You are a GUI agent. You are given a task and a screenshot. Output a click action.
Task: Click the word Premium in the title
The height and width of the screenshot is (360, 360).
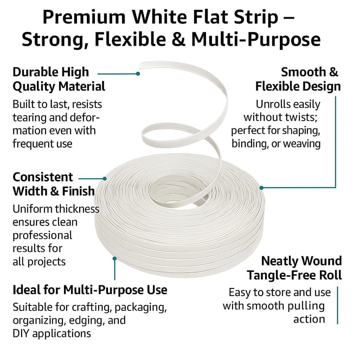[x=84, y=17]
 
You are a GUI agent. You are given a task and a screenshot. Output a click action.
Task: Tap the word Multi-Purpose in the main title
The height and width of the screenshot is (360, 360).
[x=256, y=40]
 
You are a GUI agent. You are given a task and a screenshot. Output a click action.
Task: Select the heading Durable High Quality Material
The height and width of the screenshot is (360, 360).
[x=59, y=80]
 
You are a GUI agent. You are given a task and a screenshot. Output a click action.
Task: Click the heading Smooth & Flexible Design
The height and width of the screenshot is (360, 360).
[x=298, y=80]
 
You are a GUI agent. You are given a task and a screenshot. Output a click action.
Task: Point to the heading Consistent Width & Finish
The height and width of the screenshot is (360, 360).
[x=54, y=184]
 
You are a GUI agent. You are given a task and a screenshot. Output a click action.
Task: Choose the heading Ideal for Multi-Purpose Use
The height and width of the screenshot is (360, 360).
[x=90, y=290]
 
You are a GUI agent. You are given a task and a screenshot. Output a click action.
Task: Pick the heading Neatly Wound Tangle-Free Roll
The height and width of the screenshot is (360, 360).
[x=294, y=268]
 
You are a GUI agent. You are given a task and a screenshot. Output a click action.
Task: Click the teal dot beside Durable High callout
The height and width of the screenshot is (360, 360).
[x=138, y=74]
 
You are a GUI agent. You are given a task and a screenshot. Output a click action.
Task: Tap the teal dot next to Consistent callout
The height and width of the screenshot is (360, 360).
[x=105, y=178]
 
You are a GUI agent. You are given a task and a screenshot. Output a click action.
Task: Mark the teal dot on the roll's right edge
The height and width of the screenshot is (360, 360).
[x=261, y=188]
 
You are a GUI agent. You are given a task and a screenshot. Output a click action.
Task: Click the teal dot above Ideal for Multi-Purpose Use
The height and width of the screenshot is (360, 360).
[x=115, y=258]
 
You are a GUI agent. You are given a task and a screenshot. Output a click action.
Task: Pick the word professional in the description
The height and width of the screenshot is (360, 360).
[x=42, y=236]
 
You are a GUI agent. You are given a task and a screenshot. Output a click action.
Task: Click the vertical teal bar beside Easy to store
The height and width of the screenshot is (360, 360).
[x=337, y=305]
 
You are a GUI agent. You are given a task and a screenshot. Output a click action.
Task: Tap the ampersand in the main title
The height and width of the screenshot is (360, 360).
[x=178, y=40]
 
